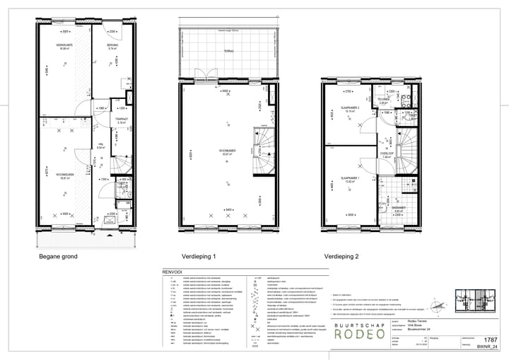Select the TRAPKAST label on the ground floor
pyautogui.click(x=121, y=120)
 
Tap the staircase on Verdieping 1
pyautogui.click(x=262, y=151)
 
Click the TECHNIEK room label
pyautogui.click(x=385, y=99)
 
